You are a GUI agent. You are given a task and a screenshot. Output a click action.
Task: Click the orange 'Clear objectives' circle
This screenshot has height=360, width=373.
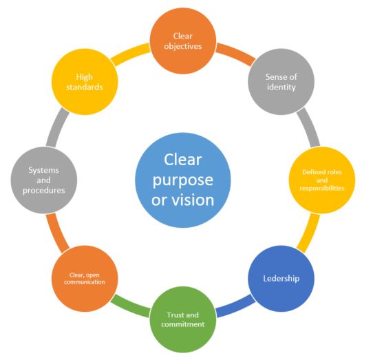pyautogui.click(x=182, y=41)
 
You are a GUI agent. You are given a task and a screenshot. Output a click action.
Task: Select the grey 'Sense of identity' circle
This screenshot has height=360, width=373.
pyautogui.click(x=281, y=82)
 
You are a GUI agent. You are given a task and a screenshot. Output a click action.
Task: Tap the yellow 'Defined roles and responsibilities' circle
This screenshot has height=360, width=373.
pyautogui.click(x=322, y=180)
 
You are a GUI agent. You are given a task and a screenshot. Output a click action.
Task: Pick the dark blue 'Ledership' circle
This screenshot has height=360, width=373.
pyautogui.click(x=281, y=279)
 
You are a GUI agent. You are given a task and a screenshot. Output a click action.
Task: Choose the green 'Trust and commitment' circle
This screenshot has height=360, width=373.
pyautogui.click(x=182, y=319)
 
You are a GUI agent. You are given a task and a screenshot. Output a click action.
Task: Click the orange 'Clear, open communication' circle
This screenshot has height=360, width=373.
pyautogui.click(x=85, y=279)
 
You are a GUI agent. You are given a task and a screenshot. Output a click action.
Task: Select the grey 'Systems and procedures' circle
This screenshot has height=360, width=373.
pyautogui.click(x=44, y=180)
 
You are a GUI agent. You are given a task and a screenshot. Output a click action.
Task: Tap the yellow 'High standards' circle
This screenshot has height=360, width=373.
pyautogui.click(x=85, y=82)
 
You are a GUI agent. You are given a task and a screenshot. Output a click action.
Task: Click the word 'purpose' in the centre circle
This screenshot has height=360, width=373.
pyautogui.click(x=182, y=181)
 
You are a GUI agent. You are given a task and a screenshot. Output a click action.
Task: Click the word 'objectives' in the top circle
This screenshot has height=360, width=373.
pyautogui.click(x=182, y=46)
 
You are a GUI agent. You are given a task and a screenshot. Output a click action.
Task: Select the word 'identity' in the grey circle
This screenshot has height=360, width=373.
pyautogui.click(x=281, y=87)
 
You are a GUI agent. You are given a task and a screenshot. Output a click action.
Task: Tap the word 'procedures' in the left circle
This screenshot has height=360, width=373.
pyautogui.click(x=44, y=191)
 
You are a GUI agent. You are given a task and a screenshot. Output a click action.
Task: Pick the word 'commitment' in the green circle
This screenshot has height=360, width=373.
pyautogui.click(x=182, y=324)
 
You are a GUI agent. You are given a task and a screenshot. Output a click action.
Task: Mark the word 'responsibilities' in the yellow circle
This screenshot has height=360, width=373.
pyautogui.click(x=322, y=188)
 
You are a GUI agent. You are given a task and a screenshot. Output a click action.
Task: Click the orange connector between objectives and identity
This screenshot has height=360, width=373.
pyautogui.click(x=235, y=54)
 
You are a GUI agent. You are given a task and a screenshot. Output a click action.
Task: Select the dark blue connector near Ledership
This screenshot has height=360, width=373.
pyautogui.click(x=235, y=307)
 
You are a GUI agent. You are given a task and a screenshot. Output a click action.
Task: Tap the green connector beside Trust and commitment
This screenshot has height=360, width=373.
pyautogui.click(x=130, y=307)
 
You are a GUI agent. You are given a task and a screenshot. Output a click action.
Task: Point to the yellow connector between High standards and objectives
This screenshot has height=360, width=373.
pyautogui.click(x=130, y=54)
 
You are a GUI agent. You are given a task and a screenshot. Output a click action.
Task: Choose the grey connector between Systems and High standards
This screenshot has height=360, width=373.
pyautogui.click(x=57, y=127)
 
